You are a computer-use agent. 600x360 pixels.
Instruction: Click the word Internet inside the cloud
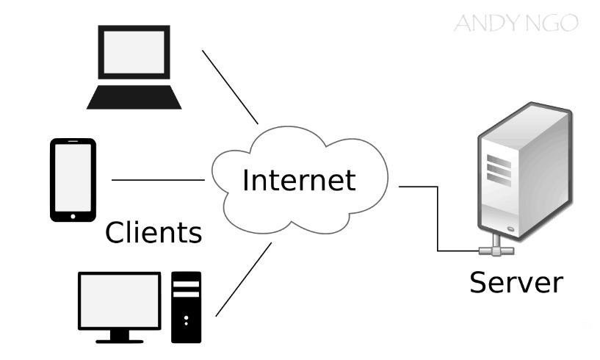(300, 180)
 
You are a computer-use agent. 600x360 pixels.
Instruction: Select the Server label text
(516, 281)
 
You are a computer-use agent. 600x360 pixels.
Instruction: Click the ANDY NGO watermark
(516, 24)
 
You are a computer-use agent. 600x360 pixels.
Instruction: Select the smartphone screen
(73, 176)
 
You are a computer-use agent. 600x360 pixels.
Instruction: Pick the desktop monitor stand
(119, 336)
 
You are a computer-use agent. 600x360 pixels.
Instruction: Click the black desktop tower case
(186, 306)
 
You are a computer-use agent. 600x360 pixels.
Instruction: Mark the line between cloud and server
(438, 217)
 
